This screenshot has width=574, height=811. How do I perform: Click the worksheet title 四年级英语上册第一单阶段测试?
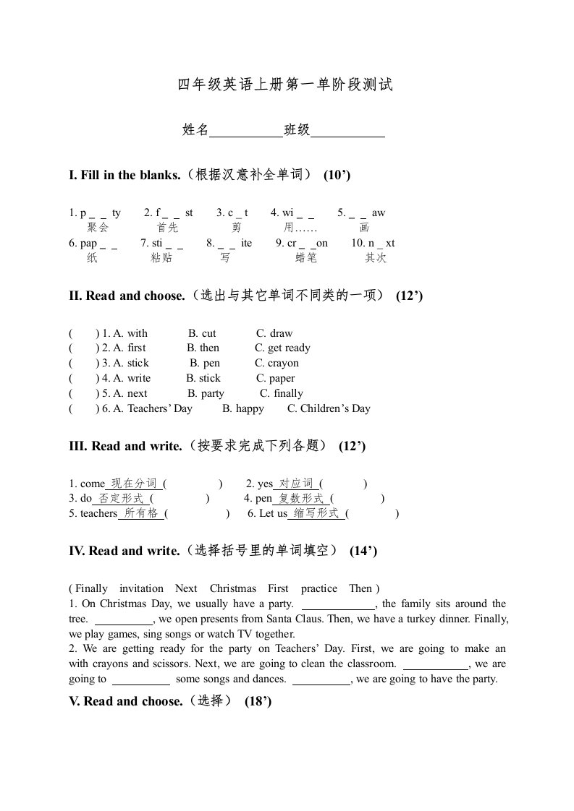click(286, 85)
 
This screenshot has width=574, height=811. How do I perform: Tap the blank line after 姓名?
click(245, 131)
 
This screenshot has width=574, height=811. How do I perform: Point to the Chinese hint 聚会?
click(97, 228)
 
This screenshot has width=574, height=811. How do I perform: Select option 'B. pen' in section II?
click(205, 363)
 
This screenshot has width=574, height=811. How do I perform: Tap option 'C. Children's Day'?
click(329, 408)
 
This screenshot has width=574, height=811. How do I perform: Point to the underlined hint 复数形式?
click(300, 498)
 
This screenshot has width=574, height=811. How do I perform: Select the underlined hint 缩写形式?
click(316, 513)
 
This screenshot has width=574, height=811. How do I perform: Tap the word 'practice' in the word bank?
click(318, 588)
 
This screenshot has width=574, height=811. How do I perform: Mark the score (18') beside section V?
click(258, 701)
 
